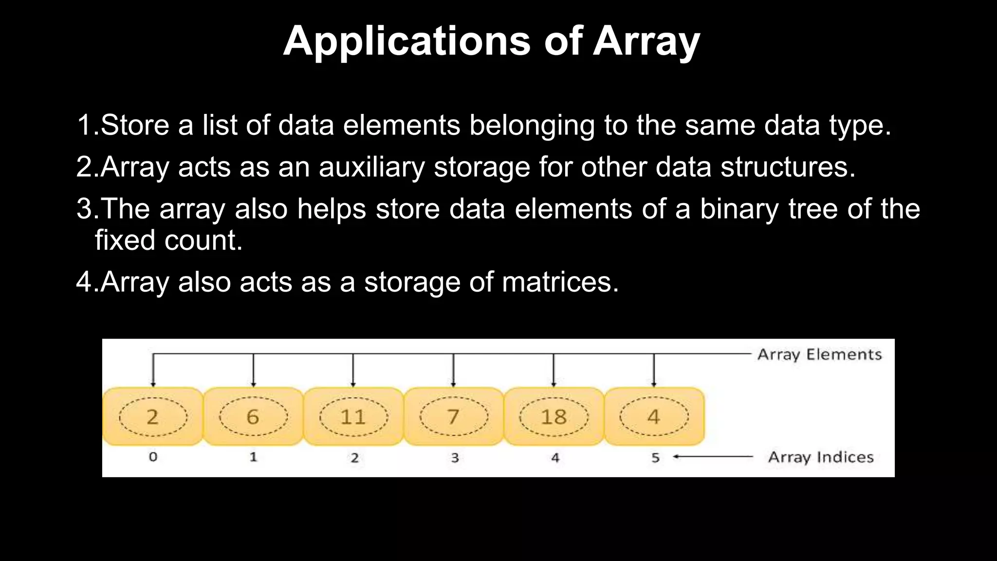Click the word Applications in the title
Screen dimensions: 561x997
[406, 41]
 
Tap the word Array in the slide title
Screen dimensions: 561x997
[646, 41]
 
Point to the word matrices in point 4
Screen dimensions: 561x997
[560, 282]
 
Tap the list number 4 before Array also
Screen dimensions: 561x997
[84, 282]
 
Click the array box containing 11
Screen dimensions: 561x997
[353, 416]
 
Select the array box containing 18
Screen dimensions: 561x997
[554, 416]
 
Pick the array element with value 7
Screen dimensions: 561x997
[453, 416]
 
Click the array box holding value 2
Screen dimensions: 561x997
[152, 416]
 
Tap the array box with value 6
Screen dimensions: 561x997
[253, 416]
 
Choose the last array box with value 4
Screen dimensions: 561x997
[654, 416]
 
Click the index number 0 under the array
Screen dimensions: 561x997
[153, 457]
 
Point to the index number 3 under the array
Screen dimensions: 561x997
[455, 457]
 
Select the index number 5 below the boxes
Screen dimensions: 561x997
[655, 457]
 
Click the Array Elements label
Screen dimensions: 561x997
[819, 354]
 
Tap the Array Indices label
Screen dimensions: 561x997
[821, 457]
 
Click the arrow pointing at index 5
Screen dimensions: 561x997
[713, 457]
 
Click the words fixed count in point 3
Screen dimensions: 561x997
[168, 241]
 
